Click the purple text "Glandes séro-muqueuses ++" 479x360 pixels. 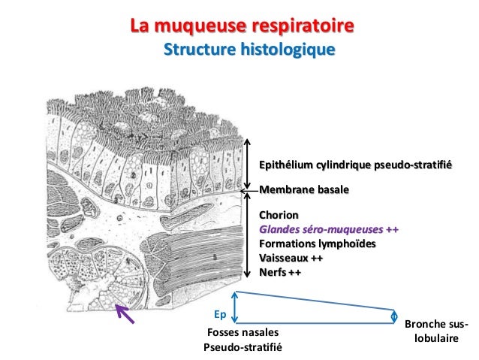coord(328,230)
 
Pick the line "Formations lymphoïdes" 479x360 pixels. coord(318,244)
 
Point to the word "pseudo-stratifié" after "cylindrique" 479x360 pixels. coord(412,165)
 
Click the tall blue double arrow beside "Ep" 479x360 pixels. coord(236,307)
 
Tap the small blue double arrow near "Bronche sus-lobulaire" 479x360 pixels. coord(395,316)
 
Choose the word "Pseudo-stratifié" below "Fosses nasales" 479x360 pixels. coord(242,347)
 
